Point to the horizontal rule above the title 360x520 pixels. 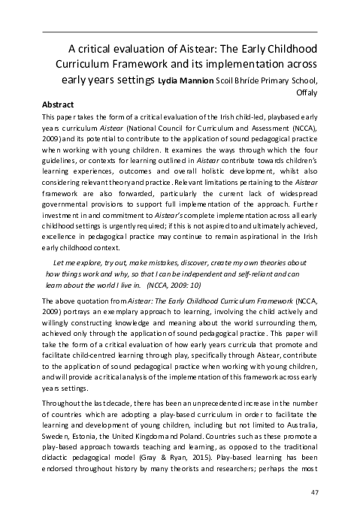click(180, 32)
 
